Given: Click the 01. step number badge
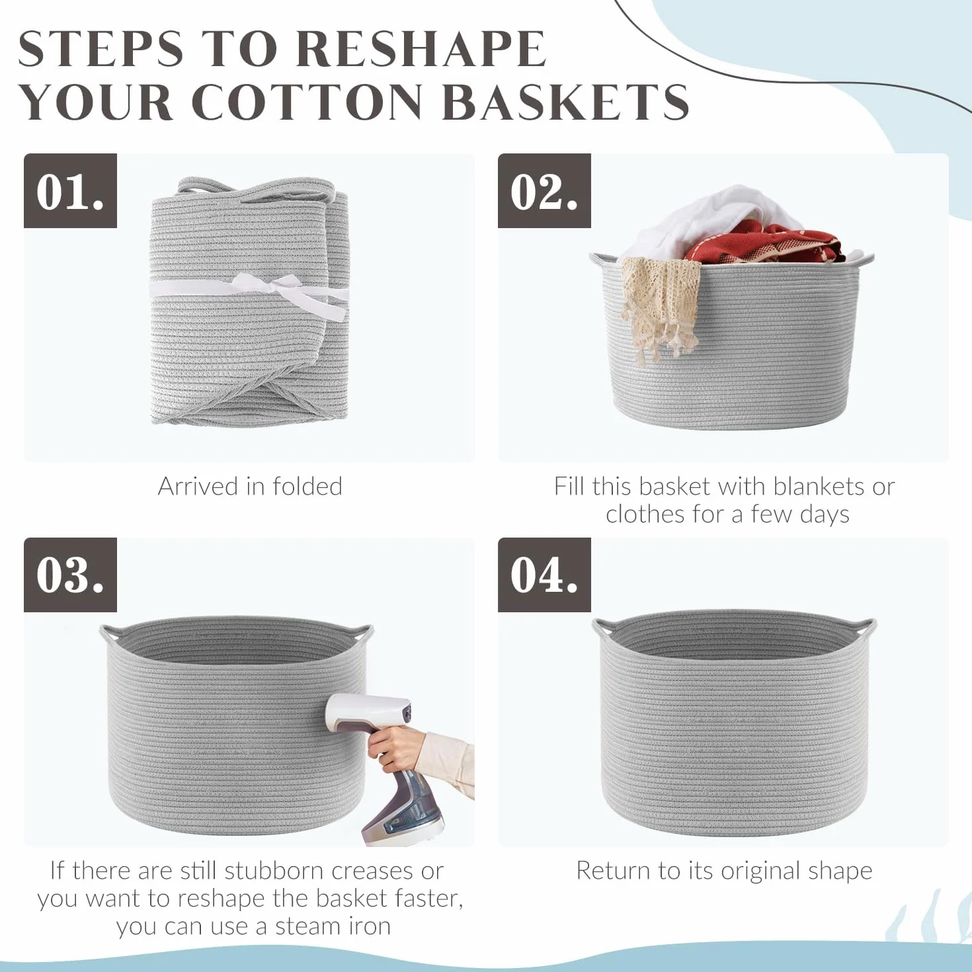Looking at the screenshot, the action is [70, 190].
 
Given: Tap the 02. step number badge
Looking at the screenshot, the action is [544, 190].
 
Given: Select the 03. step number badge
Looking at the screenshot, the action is [70, 575].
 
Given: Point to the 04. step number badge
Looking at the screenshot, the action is [544, 575].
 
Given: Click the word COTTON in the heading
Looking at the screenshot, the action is [307, 102].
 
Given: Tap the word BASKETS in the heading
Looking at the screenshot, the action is [568, 102].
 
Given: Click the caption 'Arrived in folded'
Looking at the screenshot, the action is [250, 487].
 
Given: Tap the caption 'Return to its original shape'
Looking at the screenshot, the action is [724, 871].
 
